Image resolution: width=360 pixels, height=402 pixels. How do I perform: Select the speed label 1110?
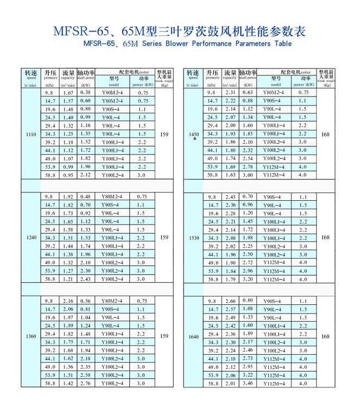point(30,134)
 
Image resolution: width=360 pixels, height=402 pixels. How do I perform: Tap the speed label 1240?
point(30,238)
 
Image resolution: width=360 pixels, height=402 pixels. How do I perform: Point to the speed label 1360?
point(30,337)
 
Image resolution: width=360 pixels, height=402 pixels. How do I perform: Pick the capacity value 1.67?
point(68,93)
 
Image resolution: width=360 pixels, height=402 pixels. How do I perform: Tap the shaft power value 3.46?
point(248,383)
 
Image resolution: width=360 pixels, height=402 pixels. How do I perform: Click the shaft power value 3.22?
point(248,375)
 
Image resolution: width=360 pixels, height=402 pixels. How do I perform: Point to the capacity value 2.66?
point(230,301)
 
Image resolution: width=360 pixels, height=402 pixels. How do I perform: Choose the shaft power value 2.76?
point(85,383)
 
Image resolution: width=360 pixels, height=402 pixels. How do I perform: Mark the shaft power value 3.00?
point(248,175)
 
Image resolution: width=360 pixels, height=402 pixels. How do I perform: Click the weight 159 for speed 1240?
point(164,238)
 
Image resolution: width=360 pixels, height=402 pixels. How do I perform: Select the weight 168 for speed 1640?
point(326,337)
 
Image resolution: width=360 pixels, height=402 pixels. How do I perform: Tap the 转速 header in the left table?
point(30,73)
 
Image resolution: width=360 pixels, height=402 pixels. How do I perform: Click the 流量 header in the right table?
point(230,73)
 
